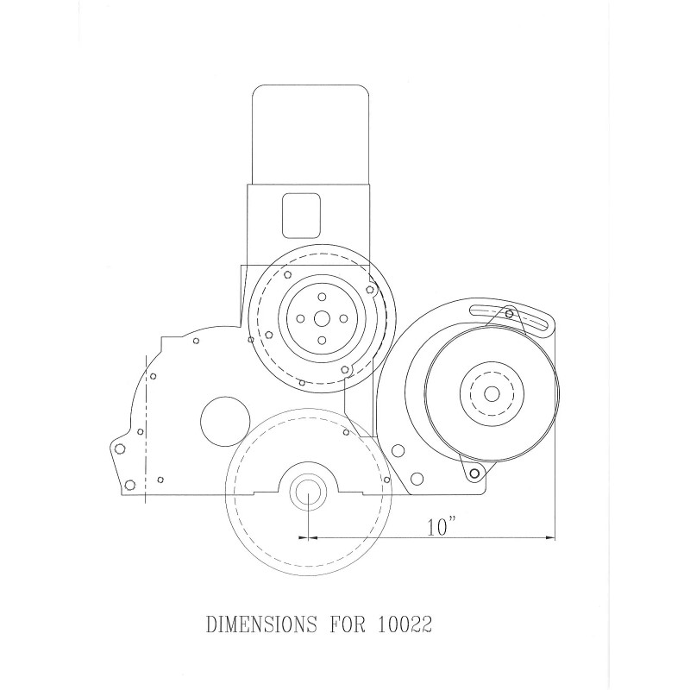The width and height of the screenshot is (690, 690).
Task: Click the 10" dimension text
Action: [x=441, y=527]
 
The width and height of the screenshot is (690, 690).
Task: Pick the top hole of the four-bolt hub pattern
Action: [x=321, y=295]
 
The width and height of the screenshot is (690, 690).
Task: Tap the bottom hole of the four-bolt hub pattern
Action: [x=321, y=341]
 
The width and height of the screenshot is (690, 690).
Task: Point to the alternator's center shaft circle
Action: [x=492, y=393]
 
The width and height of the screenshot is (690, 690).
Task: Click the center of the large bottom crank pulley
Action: [x=307, y=493]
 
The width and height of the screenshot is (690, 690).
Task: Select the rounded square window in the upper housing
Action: [x=301, y=215]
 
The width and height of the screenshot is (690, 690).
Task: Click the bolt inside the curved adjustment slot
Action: [x=510, y=312]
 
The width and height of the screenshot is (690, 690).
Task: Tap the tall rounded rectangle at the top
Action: [x=309, y=135]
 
